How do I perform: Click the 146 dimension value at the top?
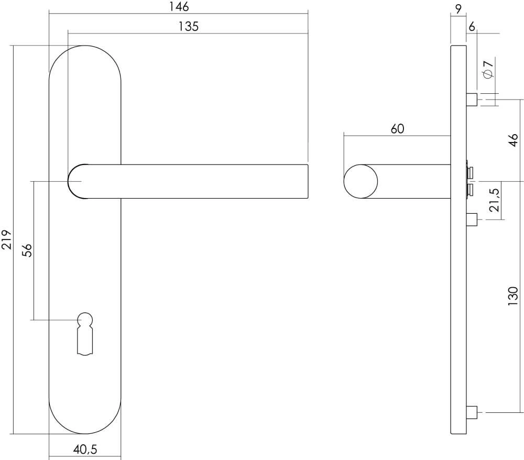pyautogui.click(x=179, y=7)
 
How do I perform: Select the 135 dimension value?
pyautogui.click(x=189, y=27)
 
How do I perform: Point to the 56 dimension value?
pyautogui.click(x=28, y=250)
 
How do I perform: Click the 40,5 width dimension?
pyautogui.click(x=85, y=450)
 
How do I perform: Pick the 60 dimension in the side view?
pyautogui.click(x=397, y=129)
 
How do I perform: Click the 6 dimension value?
pyautogui.click(x=472, y=27)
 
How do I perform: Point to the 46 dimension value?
pyautogui.click(x=514, y=139)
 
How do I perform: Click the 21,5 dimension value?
pyautogui.click(x=494, y=200)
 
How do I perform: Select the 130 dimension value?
pyautogui.click(x=514, y=296)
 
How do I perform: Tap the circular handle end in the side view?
pyautogui.click(x=361, y=181)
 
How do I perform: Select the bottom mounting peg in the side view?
pyautogui.click(x=472, y=412)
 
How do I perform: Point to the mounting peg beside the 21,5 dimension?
pyautogui.click(x=472, y=218)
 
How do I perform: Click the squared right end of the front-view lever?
pyautogui.click(x=303, y=181)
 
